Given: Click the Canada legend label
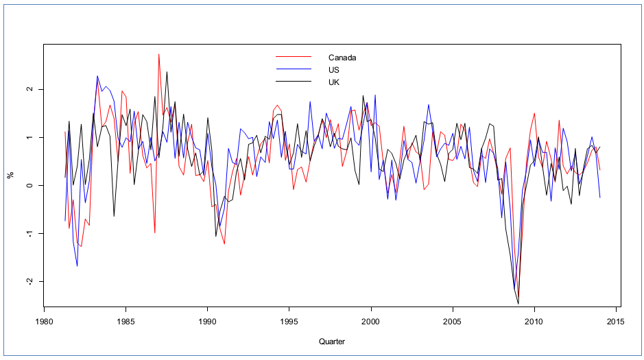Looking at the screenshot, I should [x=342, y=58].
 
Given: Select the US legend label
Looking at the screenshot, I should [x=334, y=70].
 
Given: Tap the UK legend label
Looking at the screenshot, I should [x=334, y=82].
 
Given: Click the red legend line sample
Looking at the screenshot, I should [x=293, y=58].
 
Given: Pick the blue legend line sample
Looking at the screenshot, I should [x=293, y=70].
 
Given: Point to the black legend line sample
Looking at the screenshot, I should [x=293, y=82].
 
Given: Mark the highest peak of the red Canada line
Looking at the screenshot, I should [x=159, y=54].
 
